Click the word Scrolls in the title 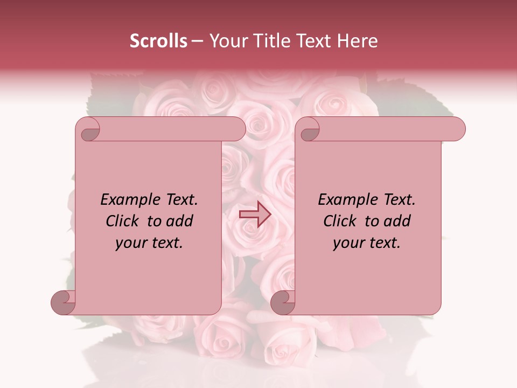pyautogui.click(x=159, y=41)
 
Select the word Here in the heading pyautogui.click(x=358, y=41)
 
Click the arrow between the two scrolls pyautogui.click(x=255, y=214)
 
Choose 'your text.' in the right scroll pyautogui.click(x=367, y=243)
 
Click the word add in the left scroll pyautogui.click(x=179, y=221)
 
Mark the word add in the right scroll pyautogui.click(x=397, y=221)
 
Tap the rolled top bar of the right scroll pyautogui.click(x=388, y=129)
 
